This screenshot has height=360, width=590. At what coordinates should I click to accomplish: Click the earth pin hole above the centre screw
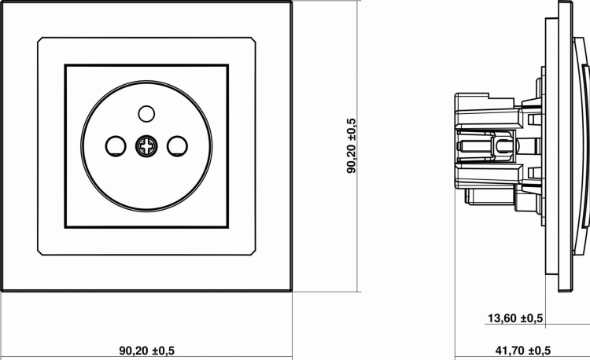[146, 114]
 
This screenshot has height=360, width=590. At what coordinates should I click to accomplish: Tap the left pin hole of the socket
[116, 146]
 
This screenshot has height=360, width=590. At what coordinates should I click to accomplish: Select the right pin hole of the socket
[177, 146]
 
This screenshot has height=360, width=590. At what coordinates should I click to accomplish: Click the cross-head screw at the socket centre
[146, 146]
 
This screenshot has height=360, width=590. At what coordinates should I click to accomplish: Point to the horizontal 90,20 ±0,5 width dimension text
[147, 351]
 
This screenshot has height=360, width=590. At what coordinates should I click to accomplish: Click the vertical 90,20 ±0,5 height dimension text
[351, 145]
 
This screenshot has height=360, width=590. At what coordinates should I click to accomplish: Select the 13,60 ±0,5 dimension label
[515, 318]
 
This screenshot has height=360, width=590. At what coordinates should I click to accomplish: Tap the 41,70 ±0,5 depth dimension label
[523, 351]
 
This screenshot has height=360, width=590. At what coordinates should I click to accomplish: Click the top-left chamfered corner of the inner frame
[40, 39]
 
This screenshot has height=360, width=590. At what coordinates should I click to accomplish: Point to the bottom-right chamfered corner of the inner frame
[253, 252]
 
